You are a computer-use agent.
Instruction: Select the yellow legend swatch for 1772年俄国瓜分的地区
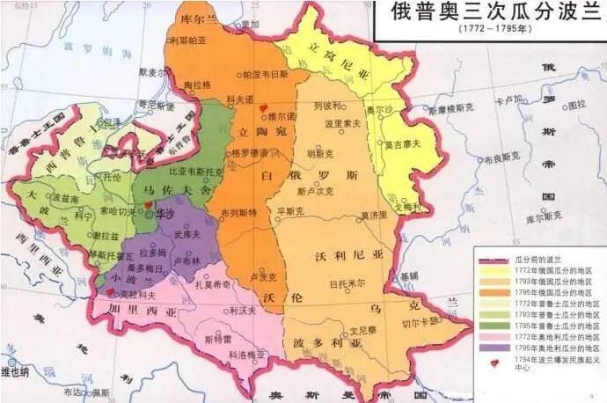pyautogui.click(x=494, y=271)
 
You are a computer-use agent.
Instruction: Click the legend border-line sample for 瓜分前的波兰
pyautogui.click(x=494, y=260)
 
